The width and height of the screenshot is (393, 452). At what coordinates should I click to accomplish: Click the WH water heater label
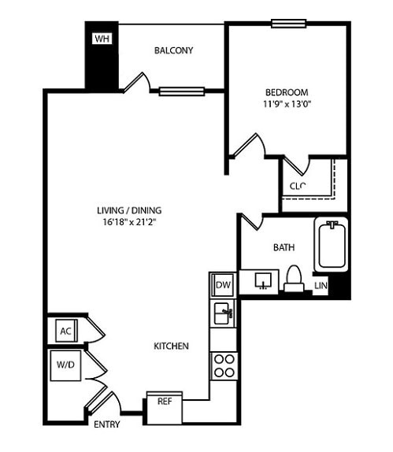point(102,39)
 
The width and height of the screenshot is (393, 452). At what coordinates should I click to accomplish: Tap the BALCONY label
point(173,50)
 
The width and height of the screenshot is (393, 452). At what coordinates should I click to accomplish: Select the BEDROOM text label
point(287,91)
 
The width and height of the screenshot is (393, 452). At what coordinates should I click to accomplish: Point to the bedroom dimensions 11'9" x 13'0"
point(287,103)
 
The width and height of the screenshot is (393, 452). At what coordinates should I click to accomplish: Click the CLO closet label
point(297,186)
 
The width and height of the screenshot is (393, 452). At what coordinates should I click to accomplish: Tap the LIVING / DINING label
point(129,210)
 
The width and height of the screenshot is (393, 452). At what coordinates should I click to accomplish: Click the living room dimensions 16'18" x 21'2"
point(129,222)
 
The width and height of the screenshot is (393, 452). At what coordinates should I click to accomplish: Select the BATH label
point(284,247)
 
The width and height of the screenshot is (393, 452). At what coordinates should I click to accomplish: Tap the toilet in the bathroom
point(294,278)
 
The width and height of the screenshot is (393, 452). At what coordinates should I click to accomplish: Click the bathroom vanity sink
point(262,280)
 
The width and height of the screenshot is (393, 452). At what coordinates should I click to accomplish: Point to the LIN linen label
point(321,285)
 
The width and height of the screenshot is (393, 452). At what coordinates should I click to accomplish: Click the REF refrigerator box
point(165,401)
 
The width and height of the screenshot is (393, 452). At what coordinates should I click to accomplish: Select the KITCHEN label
point(171,346)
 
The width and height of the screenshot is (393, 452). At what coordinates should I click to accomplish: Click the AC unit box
point(65,331)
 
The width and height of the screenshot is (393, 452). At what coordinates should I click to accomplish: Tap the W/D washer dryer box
point(65,365)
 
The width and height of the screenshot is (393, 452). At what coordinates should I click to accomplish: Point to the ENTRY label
point(106,424)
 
